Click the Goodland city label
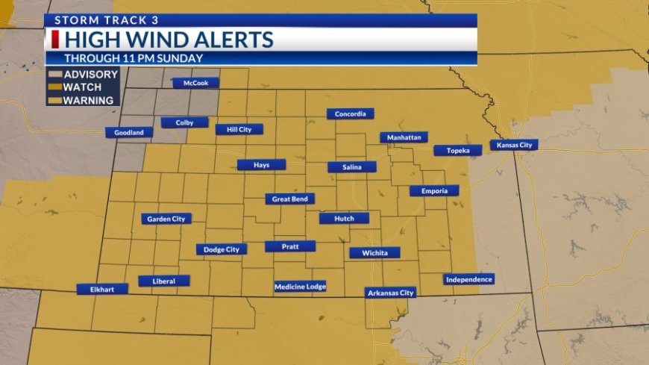pyautogui.click(x=129, y=133)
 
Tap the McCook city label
pyautogui.click(x=195, y=83)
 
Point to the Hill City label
pyautogui.click(x=239, y=129)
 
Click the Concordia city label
pyautogui.click(x=350, y=114)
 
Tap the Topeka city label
pyautogui.click(x=458, y=150)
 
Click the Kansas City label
pyautogui.click(x=514, y=145)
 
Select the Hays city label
pyautogui.click(x=261, y=164)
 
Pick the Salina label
pyautogui.click(x=352, y=167)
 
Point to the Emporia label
pyautogui.click(x=434, y=191)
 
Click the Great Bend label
pyautogui.click(x=290, y=199)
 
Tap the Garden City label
pyautogui.click(x=166, y=219)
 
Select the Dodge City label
pyautogui.click(x=222, y=249)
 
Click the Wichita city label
pyautogui.click(x=374, y=253)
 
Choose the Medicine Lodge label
pyautogui.click(x=300, y=286)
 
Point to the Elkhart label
pyautogui.click(x=102, y=289)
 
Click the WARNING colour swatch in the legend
pyautogui.click(x=54, y=101)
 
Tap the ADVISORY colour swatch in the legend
pyautogui.click(x=54, y=75)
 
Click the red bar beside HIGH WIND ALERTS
pyautogui.click(x=54, y=40)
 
